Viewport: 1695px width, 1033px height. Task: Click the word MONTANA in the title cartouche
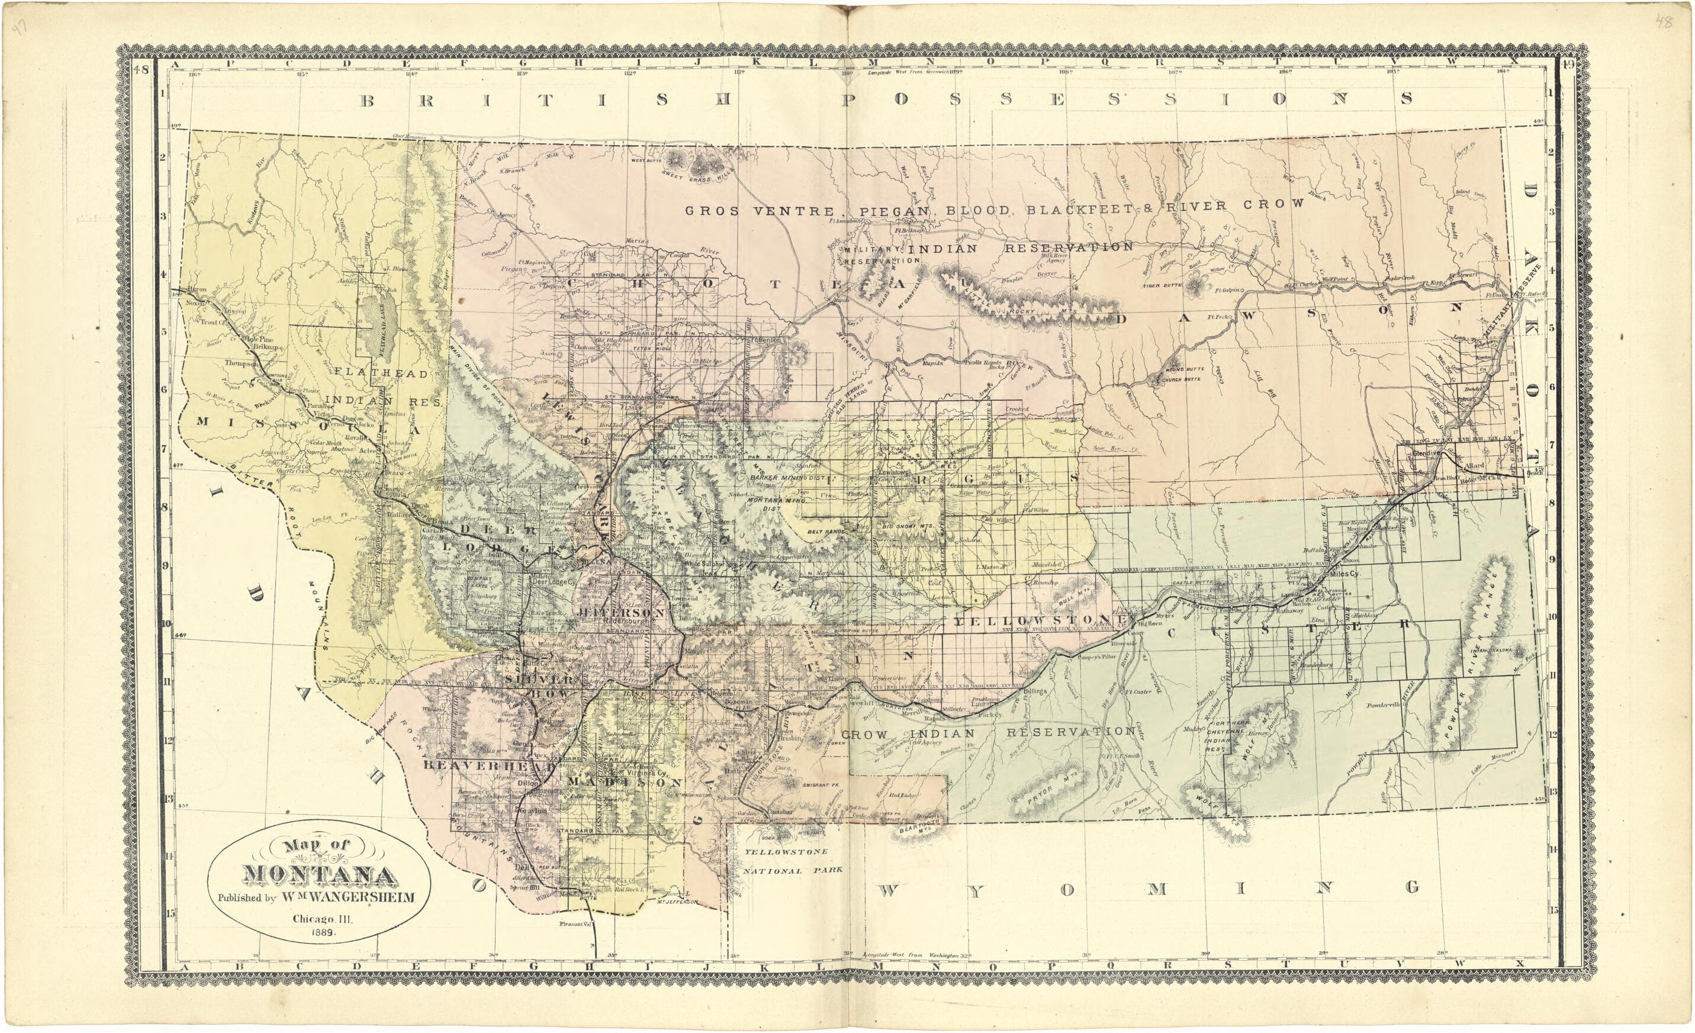coord(320,875)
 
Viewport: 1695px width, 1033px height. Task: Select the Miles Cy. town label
coord(1344,574)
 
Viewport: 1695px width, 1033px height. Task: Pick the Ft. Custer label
coord(1137,692)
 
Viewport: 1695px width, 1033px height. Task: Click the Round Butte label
coord(1184,371)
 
